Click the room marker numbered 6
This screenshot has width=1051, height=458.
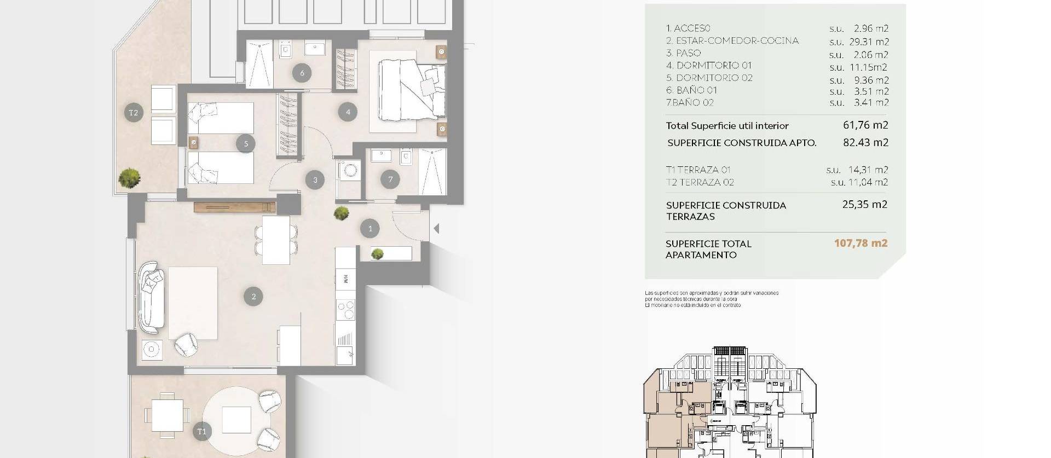point(302,72)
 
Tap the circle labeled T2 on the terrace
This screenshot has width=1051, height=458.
point(134,113)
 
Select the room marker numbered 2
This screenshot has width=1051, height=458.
point(253,297)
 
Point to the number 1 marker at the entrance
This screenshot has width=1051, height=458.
point(370,229)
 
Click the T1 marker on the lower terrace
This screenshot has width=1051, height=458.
point(201,432)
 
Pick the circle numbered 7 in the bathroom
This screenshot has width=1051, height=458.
point(390,179)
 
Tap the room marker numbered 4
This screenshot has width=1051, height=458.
point(348,112)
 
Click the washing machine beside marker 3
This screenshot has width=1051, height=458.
point(348,170)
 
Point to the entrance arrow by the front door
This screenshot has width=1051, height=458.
point(436,229)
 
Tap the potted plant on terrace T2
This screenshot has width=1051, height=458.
point(130,177)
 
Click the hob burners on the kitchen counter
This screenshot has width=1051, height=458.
point(346,309)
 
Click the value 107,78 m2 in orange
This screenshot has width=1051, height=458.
point(861,243)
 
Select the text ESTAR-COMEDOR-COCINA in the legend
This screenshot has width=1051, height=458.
point(737,40)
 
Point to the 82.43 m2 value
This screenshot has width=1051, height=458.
point(865,142)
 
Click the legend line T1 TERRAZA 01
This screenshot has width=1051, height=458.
point(698,170)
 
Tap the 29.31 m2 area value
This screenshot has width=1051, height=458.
point(871,42)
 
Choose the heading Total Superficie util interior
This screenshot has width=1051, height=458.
point(727,126)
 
